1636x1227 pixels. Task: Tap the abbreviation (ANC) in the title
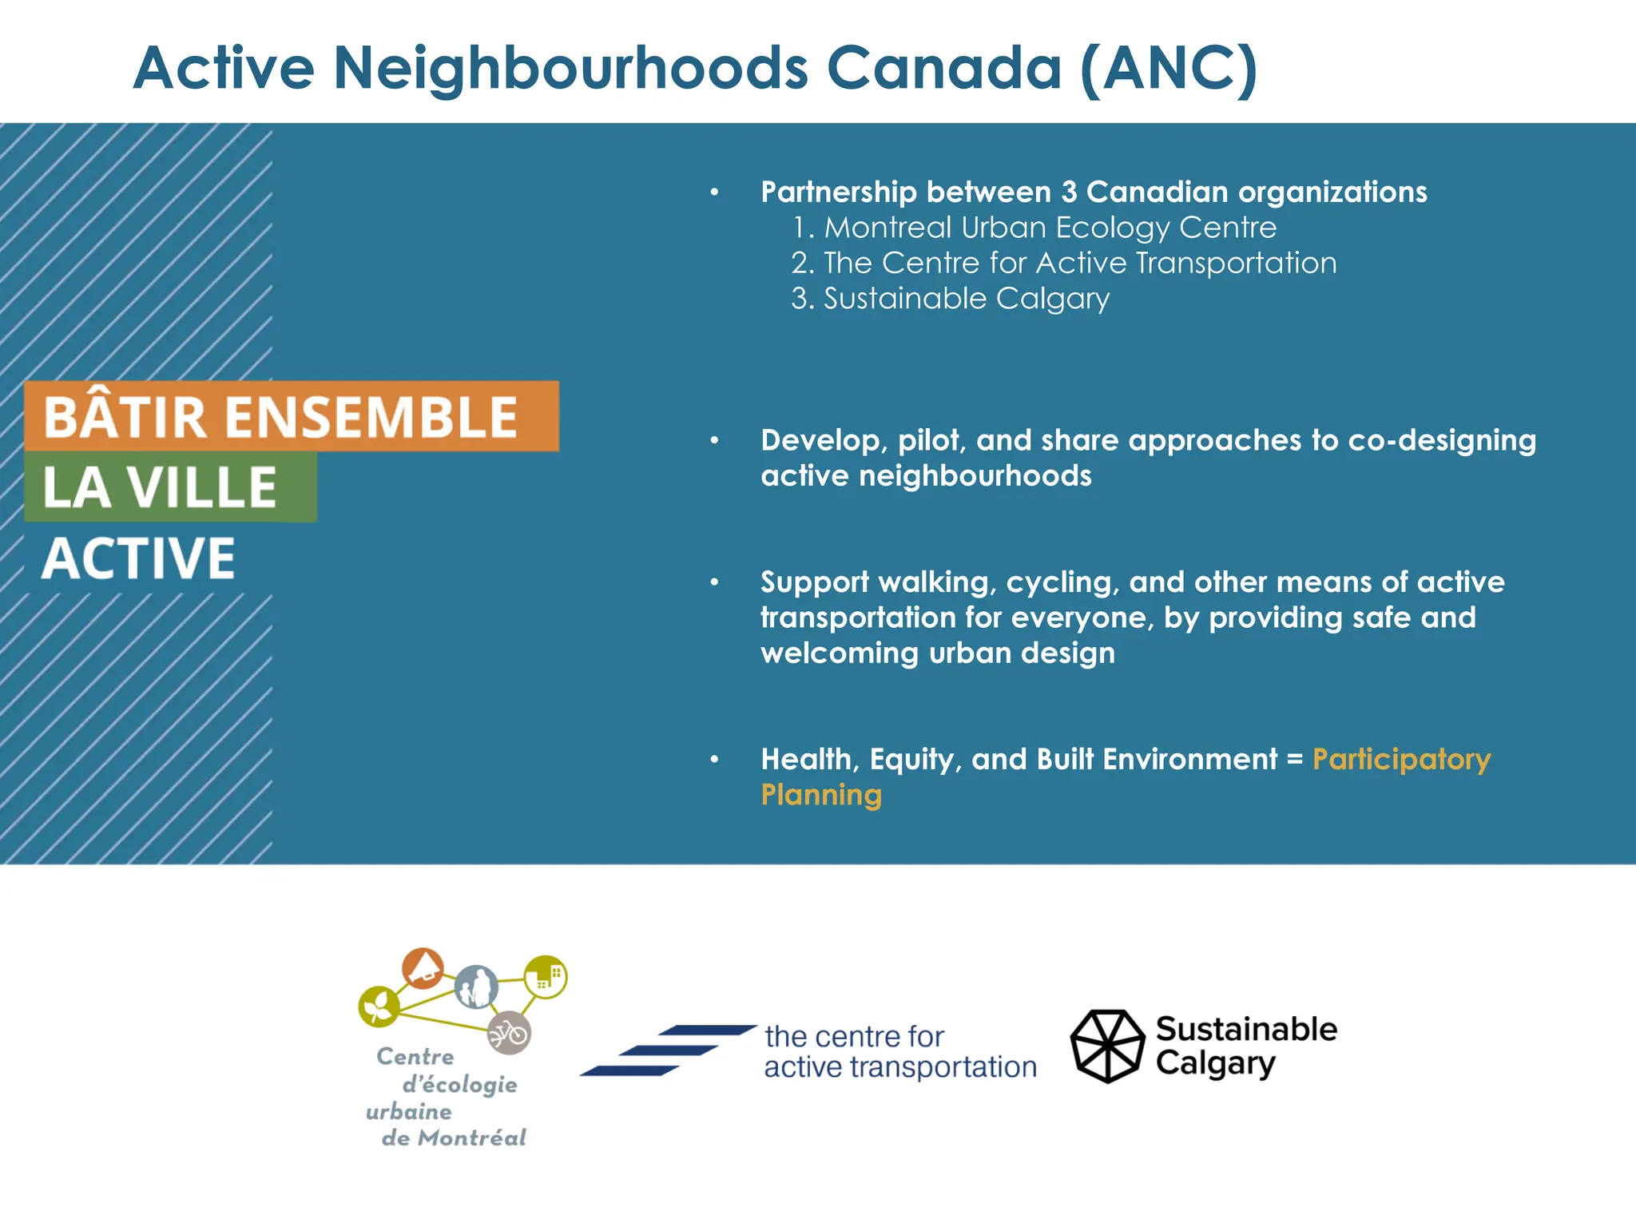1169,69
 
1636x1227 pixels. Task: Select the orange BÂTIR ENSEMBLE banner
292,416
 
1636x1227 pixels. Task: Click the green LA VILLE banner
170,486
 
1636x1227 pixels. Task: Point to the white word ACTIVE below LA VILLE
139,558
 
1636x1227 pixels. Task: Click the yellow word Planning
821,795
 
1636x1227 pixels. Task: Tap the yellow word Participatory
1401,759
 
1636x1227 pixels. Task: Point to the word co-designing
1442,440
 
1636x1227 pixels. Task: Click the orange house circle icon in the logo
423,969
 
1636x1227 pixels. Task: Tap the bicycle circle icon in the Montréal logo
509,1034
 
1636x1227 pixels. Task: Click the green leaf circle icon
379,1007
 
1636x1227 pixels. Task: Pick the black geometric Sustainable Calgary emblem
1107,1046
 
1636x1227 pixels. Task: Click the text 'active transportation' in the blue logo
899,1067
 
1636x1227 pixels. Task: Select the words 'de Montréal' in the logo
453,1138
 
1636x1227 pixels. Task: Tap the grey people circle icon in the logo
476,987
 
